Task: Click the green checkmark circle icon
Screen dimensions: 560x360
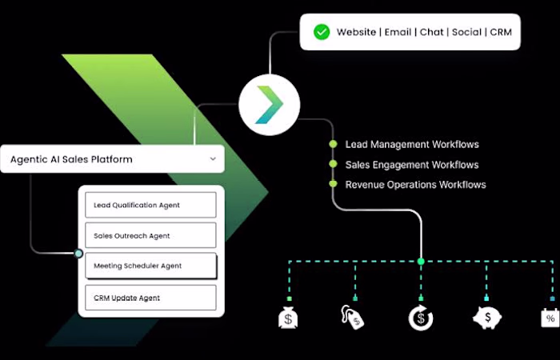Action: (x=322, y=32)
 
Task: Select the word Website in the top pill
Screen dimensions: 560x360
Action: (x=356, y=32)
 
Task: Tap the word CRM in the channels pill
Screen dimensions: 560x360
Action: (x=501, y=32)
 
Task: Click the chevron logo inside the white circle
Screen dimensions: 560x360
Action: (x=270, y=105)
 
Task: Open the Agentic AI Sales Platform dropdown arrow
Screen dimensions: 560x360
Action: (x=213, y=158)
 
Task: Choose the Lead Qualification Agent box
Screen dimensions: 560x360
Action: (x=150, y=205)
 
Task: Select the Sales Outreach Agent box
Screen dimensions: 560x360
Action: (x=150, y=235)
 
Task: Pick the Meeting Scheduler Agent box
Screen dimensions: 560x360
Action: (x=150, y=266)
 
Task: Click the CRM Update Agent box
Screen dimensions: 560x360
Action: (x=150, y=298)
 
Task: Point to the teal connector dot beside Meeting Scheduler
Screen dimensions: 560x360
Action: (x=78, y=254)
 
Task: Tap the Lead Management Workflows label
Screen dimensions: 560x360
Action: (x=412, y=144)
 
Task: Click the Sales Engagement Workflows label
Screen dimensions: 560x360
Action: (x=412, y=165)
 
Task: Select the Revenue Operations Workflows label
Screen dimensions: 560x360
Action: (x=415, y=185)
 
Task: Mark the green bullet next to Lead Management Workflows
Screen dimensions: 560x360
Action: (x=333, y=144)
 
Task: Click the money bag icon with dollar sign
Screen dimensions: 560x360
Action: (x=288, y=318)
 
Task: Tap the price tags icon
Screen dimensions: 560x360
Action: (x=352, y=317)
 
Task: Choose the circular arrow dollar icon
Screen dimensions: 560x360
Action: (x=421, y=318)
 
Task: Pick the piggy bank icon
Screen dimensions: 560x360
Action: (x=487, y=318)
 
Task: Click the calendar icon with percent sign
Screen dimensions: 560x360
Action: (x=550, y=318)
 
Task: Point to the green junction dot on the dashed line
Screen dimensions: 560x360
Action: (x=421, y=262)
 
